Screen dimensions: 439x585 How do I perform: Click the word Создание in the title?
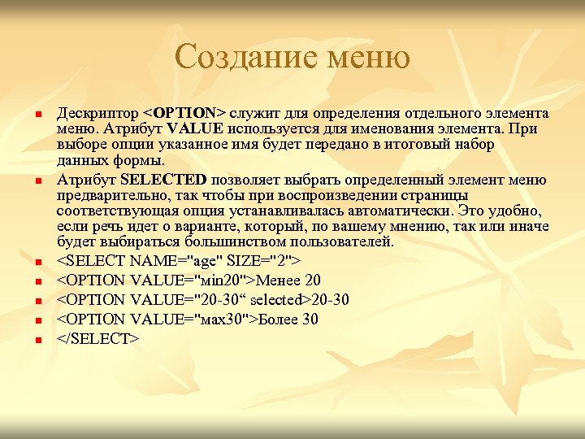click(245, 58)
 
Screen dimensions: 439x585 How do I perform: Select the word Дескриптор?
click(97, 113)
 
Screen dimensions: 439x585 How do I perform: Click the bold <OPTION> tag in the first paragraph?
click(184, 113)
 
